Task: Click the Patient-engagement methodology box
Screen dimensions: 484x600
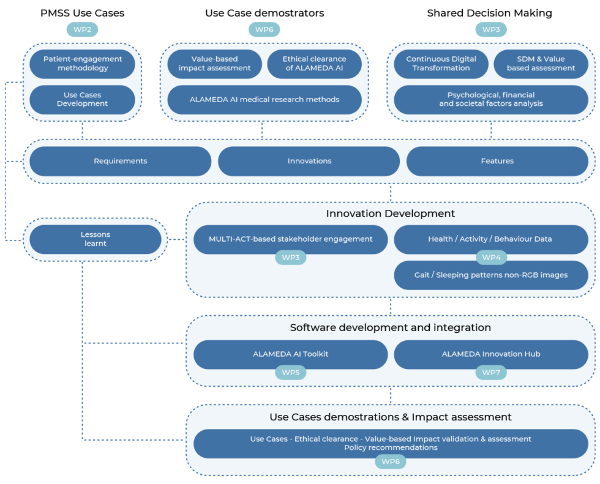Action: (x=83, y=64)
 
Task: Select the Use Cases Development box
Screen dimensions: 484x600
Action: (x=83, y=99)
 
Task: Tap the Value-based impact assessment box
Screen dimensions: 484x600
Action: (x=214, y=64)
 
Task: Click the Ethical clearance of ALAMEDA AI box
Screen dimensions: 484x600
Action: (x=314, y=64)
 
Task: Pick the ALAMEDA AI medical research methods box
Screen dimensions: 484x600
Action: (x=264, y=99)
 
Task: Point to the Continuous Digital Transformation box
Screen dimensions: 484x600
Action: (x=441, y=64)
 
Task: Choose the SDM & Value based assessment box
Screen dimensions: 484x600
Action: (x=541, y=64)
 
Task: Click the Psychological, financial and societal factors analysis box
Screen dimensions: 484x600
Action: (x=490, y=99)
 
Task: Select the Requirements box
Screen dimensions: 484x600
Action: (x=120, y=161)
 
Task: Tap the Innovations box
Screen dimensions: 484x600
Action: (x=309, y=161)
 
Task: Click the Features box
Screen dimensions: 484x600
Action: (x=497, y=161)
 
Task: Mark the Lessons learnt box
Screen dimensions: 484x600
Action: (x=96, y=239)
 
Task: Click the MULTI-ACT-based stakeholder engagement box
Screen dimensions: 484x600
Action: (x=290, y=239)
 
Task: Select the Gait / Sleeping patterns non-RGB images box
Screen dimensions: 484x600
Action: (x=490, y=275)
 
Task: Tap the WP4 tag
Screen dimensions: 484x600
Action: (x=491, y=258)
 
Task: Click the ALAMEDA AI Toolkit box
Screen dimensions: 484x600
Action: (x=290, y=354)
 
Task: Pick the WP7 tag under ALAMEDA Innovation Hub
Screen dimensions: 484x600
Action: (x=491, y=372)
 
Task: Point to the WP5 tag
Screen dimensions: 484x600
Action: (x=290, y=372)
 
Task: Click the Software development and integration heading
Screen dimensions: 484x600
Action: (x=390, y=327)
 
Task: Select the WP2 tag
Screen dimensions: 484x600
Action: (x=82, y=29)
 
